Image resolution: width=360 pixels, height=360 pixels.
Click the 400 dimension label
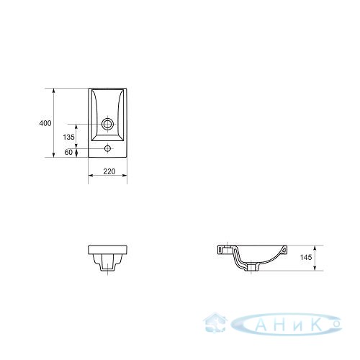pos(45,123)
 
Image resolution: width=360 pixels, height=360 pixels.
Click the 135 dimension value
pos(69,137)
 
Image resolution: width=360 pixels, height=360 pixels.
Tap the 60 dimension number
pos(68,152)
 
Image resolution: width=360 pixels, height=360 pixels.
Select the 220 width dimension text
pos(109,171)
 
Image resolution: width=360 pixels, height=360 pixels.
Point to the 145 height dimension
pos(306,257)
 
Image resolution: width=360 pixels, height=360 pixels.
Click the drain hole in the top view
pos(107,124)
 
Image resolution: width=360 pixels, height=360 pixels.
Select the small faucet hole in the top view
pos(107,148)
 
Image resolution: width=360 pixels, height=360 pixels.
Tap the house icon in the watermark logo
pos(215,322)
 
